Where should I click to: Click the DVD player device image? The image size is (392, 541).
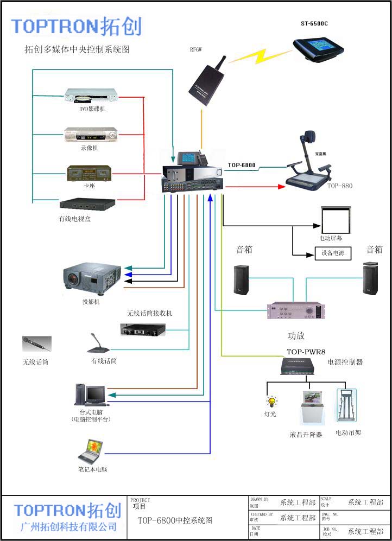(x=91, y=96)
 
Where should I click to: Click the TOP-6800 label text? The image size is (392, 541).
(x=242, y=165)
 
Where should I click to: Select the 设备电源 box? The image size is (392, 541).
(x=333, y=253)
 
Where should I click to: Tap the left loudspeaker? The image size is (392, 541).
(x=241, y=280)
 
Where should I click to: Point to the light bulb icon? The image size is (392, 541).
(x=271, y=402)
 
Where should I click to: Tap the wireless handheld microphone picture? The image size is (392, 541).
(x=36, y=344)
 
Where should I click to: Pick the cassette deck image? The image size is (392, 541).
(x=88, y=174)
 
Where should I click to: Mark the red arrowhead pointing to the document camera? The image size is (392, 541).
(x=281, y=187)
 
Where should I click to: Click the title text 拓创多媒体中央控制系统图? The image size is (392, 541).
(x=77, y=49)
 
